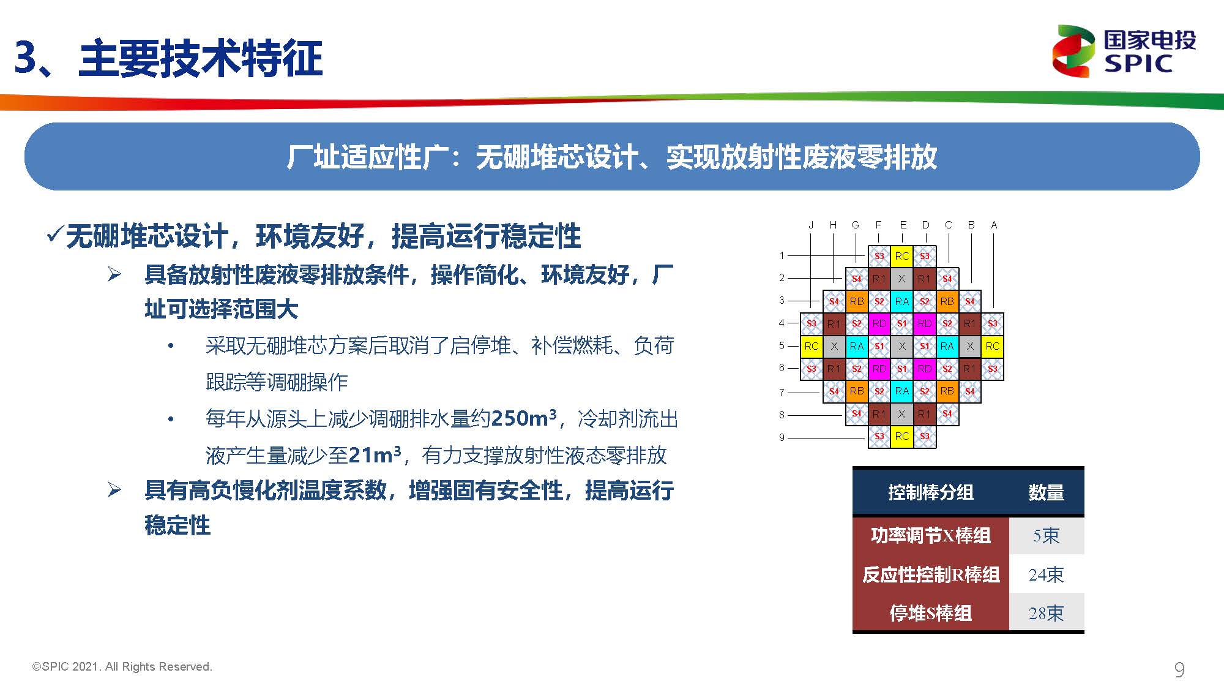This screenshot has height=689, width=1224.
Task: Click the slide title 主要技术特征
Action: pos(201,58)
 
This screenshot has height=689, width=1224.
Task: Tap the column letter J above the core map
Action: pos(811,225)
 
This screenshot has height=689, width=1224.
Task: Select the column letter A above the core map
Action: pos(994,225)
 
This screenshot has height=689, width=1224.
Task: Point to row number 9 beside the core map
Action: pos(782,437)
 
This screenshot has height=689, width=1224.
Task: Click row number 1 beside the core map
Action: pos(782,255)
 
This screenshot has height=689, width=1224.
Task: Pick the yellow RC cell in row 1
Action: pos(902,256)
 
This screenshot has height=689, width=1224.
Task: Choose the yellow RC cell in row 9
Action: pos(902,436)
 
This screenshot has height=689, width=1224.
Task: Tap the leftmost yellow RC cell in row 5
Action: pos(812,346)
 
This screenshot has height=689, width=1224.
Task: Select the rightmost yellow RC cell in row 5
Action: pos(993,346)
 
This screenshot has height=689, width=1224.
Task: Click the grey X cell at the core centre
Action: pos(902,346)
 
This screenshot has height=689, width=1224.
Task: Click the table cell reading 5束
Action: pos(1046,536)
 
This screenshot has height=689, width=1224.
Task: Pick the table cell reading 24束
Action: pos(1046,574)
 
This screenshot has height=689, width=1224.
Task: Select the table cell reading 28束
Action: pos(1046,613)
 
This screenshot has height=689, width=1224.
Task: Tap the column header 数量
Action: pos(1046,492)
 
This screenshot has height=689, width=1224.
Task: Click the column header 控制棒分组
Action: pos(930,492)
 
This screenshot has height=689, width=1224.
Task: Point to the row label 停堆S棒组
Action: pos(930,613)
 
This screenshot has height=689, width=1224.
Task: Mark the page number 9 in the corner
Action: pos(1179,669)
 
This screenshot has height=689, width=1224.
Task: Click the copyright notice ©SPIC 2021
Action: pos(122,666)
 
